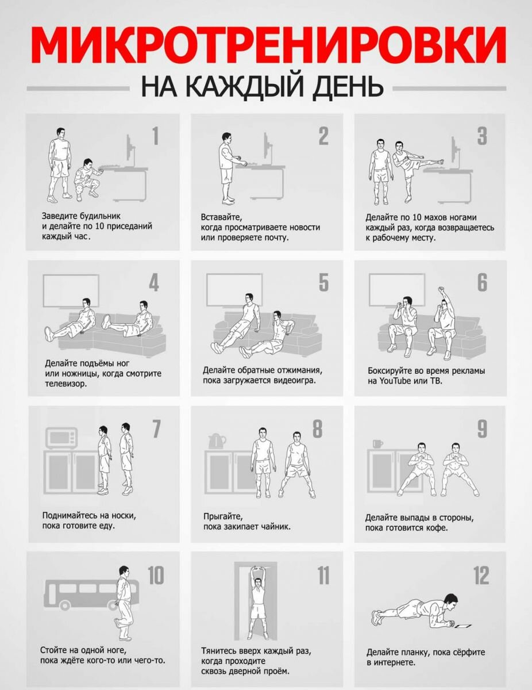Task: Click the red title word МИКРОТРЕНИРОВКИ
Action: (x=268, y=45)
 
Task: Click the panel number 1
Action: (x=156, y=136)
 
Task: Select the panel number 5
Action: (x=323, y=282)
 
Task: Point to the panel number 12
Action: (x=481, y=576)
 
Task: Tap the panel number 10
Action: (x=156, y=576)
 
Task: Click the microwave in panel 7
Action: (x=61, y=438)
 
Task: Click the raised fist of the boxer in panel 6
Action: (x=441, y=289)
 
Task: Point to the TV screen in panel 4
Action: (x=71, y=291)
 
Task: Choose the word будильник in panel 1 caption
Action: (x=100, y=217)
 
